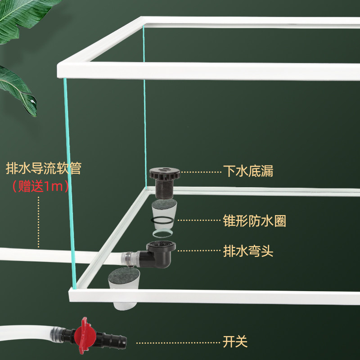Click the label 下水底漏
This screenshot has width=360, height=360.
tap(248, 171)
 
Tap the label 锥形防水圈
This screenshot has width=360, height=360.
tap(254, 221)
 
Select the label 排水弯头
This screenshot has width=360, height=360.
tap(248, 251)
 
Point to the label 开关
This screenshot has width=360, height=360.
tap(235, 342)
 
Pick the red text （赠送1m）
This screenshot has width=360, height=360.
tap(40, 186)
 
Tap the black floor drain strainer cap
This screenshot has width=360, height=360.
tap(163, 173)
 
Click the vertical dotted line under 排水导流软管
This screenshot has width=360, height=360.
tap(39, 220)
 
